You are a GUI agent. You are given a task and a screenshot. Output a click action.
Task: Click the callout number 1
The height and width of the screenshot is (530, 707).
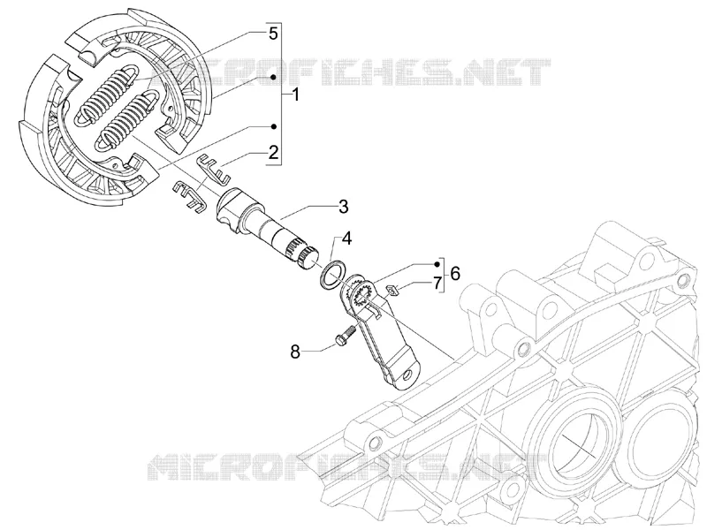pyautogui.click(x=295, y=95)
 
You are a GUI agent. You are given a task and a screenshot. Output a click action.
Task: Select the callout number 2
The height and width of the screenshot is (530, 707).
pyautogui.click(x=273, y=152)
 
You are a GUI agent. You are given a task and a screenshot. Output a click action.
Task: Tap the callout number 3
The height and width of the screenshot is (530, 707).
pyautogui.click(x=343, y=207)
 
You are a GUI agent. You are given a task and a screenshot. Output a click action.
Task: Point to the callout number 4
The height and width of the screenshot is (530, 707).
pyautogui.click(x=346, y=238)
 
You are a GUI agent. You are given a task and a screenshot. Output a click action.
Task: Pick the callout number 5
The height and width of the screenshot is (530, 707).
pyautogui.click(x=273, y=34)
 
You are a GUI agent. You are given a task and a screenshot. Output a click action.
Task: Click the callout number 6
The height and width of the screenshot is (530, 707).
pyautogui.click(x=455, y=273)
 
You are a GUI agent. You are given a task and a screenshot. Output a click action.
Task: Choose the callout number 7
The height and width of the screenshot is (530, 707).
pyautogui.click(x=437, y=284)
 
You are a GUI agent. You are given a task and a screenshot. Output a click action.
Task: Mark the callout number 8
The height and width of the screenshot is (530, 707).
pyautogui.click(x=295, y=352)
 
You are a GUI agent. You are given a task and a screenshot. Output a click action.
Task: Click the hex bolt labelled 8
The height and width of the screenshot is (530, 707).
pyautogui.click(x=345, y=337)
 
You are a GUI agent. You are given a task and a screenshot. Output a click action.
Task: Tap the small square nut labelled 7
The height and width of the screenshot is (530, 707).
pyautogui.click(x=392, y=291)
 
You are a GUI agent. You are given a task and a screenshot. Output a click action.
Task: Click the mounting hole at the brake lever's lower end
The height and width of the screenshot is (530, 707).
pyautogui.click(x=408, y=374)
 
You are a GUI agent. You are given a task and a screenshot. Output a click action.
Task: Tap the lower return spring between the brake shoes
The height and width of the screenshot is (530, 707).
pyautogui.click(x=127, y=119)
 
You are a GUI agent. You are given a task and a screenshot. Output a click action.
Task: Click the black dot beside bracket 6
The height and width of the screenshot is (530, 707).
pyautogui.click(x=437, y=263)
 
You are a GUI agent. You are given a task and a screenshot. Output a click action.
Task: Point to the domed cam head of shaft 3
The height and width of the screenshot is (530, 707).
pyautogui.click(x=232, y=206)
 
